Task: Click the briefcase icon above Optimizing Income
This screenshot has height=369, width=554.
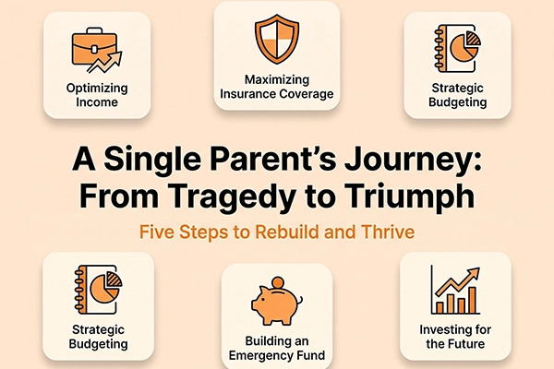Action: [94, 49]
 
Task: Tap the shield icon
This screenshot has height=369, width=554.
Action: [277, 39]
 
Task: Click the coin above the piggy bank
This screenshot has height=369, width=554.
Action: [278, 282]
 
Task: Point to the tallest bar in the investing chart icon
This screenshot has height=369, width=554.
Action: [473, 300]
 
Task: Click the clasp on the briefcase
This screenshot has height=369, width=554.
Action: [94, 49]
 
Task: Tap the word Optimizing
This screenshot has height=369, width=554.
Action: [97, 89]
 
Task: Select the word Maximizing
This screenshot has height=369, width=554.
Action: [277, 80]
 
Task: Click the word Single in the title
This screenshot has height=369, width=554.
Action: [152, 160]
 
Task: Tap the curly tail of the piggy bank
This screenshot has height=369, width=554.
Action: [300, 302]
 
